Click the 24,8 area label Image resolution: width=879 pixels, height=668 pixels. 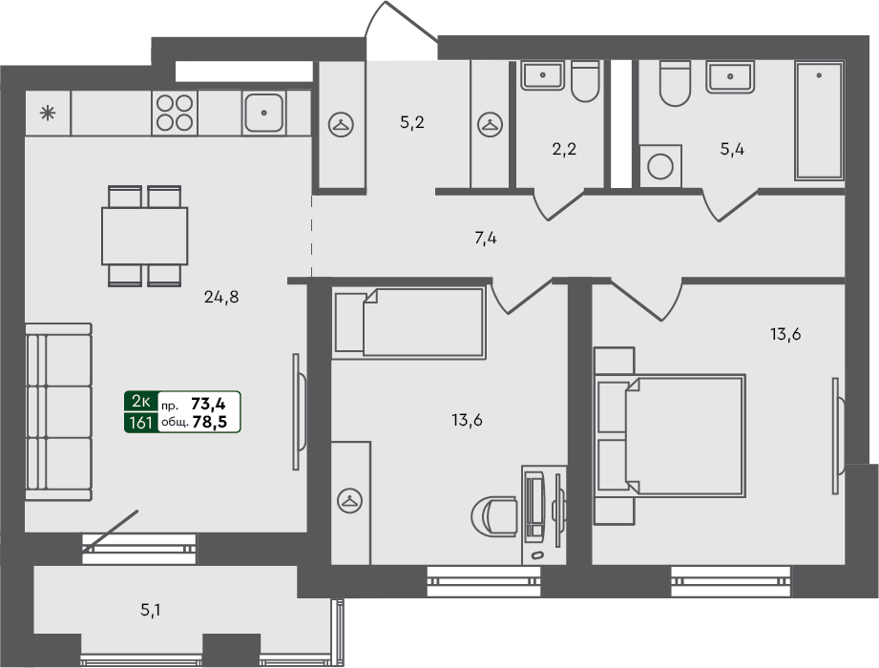(220, 297)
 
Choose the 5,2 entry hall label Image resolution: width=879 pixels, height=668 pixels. (411, 122)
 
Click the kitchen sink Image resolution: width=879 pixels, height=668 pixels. (263, 113)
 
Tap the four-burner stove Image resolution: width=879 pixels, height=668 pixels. (175, 113)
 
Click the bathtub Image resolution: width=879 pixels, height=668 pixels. (819, 121)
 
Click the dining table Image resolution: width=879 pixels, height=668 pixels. (145, 236)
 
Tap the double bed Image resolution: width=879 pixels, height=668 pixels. (670, 436)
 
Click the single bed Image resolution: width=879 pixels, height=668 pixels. (411, 322)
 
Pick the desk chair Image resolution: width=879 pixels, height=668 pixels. (493, 517)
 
